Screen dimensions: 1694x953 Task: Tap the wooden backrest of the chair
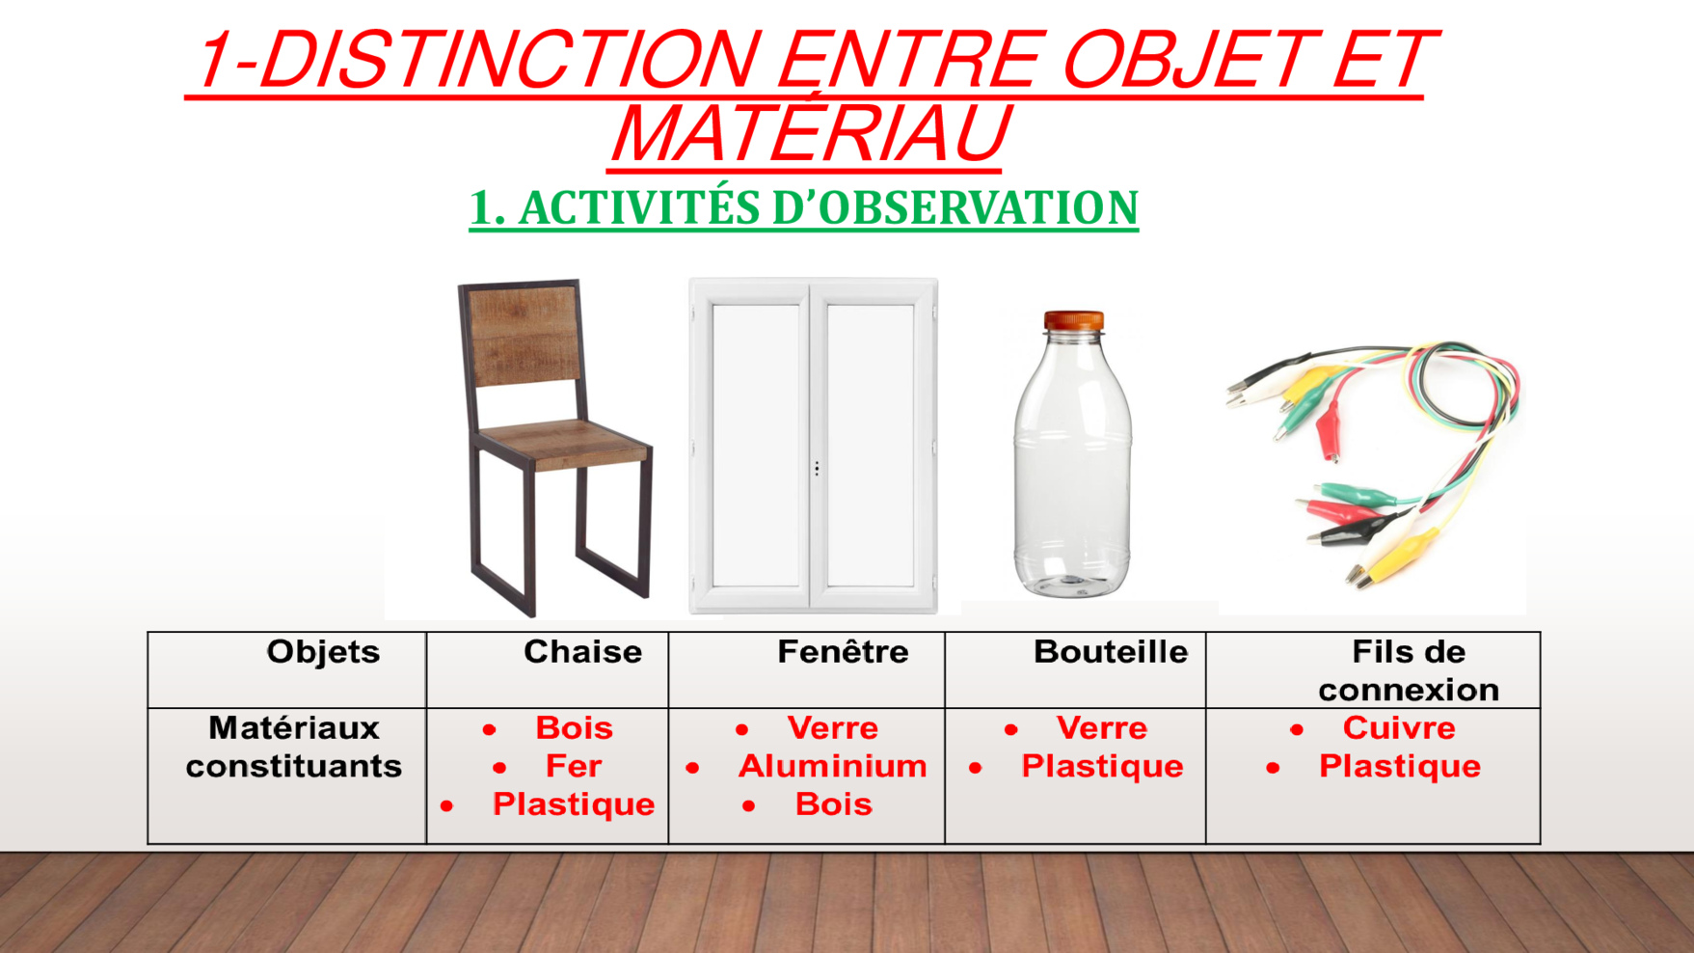click(x=524, y=335)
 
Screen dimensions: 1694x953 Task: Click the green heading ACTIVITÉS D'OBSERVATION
click(x=828, y=207)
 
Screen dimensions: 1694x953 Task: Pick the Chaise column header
click(x=582, y=652)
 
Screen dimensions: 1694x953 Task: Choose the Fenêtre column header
click(x=843, y=652)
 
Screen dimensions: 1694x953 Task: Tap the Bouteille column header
click(x=1110, y=652)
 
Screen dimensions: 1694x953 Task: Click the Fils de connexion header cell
click(x=1409, y=670)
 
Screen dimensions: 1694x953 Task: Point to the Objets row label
click(x=323, y=652)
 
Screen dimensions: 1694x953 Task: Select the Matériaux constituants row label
click(x=294, y=747)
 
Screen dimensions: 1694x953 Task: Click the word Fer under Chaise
click(x=574, y=766)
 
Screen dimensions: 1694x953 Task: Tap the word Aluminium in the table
click(x=832, y=766)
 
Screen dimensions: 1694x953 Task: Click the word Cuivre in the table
click(x=1399, y=727)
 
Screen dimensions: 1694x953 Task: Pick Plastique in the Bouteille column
click(x=1102, y=766)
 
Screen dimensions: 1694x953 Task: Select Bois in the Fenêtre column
click(x=833, y=804)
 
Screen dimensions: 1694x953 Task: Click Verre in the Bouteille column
click(x=1102, y=727)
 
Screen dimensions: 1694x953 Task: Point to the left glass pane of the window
click(x=756, y=446)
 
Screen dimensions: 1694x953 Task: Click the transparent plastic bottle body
click(x=1072, y=463)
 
